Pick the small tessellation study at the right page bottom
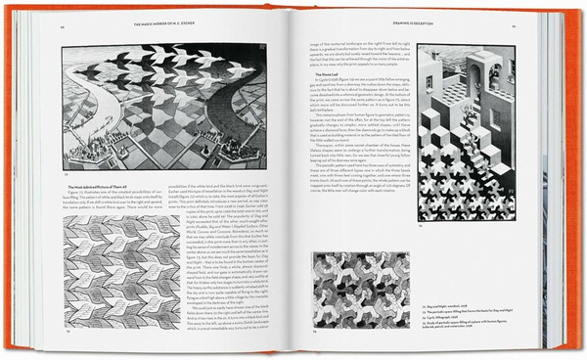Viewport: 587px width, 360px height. pos(359,280)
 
